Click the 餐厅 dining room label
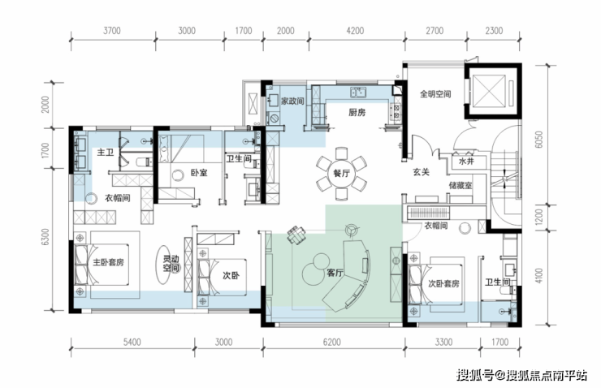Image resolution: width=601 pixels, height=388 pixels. pyautogui.click(x=341, y=173)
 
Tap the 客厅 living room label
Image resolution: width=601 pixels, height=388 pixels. pyautogui.click(x=335, y=273)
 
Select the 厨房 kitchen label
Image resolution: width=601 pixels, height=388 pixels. pyautogui.click(x=357, y=112)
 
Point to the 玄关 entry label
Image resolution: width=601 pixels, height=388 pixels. pyautogui.click(x=421, y=172)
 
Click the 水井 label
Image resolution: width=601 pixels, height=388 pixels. pyautogui.click(x=466, y=162)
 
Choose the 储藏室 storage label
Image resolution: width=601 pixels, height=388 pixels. pyautogui.click(x=460, y=185)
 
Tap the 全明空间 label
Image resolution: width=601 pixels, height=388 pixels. pyautogui.click(x=435, y=94)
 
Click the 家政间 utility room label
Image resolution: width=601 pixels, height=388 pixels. pyautogui.click(x=292, y=101)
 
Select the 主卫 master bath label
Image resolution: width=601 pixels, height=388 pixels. pyautogui.click(x=106, y=152)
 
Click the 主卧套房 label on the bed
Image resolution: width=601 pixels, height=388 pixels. pyautogui.click(x=109, y=262)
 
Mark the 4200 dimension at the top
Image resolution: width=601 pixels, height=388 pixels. pyautogui.click(x=355, y=31)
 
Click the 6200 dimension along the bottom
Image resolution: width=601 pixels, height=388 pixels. pyautogui.click(x=331, y=342)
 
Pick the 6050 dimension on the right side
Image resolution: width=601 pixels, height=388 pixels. pyautogui.click(x=539, y=140)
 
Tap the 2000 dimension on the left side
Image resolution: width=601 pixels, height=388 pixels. pyautogui.click(x=45, y=104)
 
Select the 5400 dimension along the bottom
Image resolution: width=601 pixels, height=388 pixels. pyautogui.click(x=132, y=342)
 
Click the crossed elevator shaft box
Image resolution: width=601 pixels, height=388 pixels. pyautogui.click(x=489, y=91)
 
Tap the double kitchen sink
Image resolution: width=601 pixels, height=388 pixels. pyautogui.click(x=358, y=92)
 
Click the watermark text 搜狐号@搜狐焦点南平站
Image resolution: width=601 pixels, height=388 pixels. pyautogui.click(x=521, y=375)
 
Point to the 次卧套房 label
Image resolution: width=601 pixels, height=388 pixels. pyautogui.click(x=443, y=283)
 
